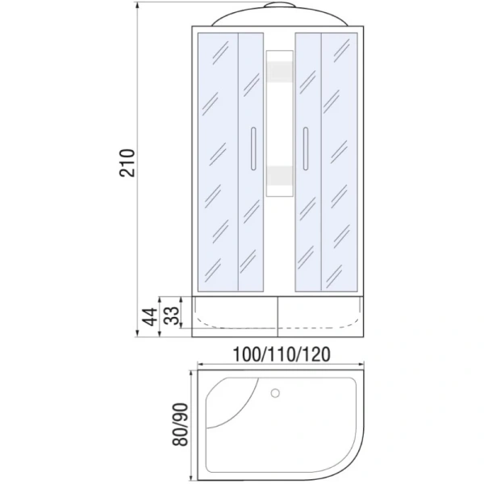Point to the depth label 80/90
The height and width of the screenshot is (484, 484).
[x=181, y=425]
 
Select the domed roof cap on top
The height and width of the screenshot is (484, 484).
[x=277, y=18]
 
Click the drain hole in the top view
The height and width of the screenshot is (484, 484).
[x=276, y=394]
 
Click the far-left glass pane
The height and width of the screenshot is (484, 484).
[x=216, y=161]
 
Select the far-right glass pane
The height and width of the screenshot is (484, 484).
[x=341, y=161]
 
